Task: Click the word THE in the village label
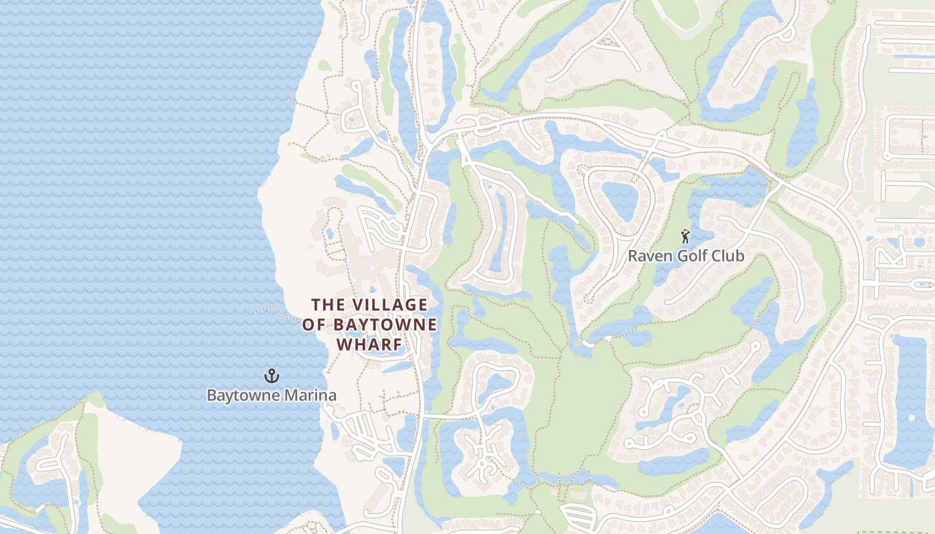click(x=327, y=305)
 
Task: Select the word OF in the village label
click(x=313, y=325)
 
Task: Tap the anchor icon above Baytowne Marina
click(x=271, y=376)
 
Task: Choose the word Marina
click(x=311, y=395)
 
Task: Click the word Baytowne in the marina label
click(x=244, y=395)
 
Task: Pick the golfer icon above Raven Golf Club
click(x=685, y=236)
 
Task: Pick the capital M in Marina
click(x=293, y=395)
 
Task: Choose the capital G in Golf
click(x=675, y=256)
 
